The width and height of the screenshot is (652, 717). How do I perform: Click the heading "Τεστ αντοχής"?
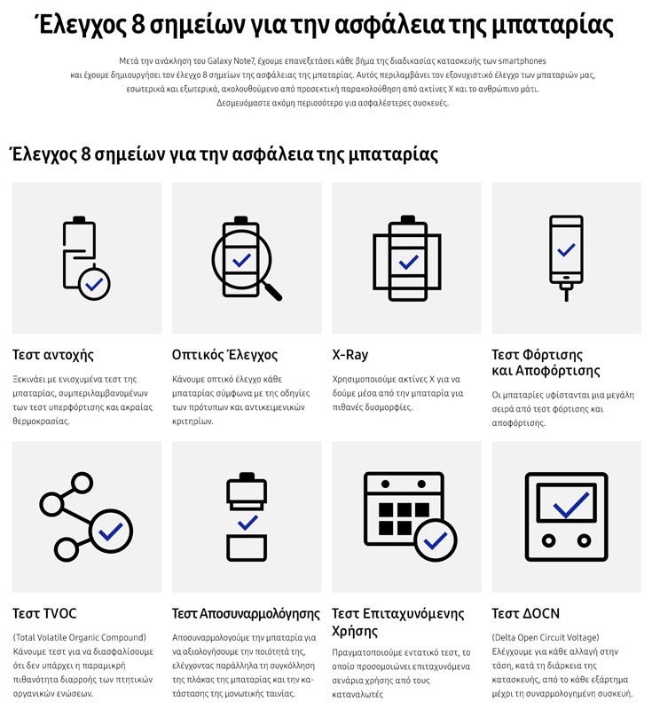53,355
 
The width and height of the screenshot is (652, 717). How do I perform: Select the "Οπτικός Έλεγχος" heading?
225,355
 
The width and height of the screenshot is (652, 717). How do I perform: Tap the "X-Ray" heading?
350,355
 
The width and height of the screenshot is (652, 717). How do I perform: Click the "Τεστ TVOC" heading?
44,613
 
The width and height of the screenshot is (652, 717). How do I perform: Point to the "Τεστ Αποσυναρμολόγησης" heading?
246,614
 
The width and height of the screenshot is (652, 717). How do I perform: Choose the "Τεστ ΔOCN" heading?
526,613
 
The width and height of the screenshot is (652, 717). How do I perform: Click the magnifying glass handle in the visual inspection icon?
272,291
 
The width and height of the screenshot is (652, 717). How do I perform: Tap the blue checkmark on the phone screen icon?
566,249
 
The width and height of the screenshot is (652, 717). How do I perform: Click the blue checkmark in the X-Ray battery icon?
408,262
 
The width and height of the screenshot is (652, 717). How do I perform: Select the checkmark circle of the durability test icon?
94,285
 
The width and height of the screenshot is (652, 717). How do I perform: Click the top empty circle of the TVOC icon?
82,483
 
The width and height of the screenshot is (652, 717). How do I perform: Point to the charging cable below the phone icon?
567,293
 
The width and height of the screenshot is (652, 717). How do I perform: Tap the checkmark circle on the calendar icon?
436,540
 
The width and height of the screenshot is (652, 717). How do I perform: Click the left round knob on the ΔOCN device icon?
549,540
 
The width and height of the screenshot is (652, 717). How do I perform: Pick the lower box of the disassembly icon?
247,548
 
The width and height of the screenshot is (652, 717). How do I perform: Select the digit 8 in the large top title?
138,25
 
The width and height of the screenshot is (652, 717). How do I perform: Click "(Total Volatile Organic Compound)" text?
80,637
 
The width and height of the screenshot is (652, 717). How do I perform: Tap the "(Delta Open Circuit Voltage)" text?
546,637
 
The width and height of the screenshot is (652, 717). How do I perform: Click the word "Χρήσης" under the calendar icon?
355,631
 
